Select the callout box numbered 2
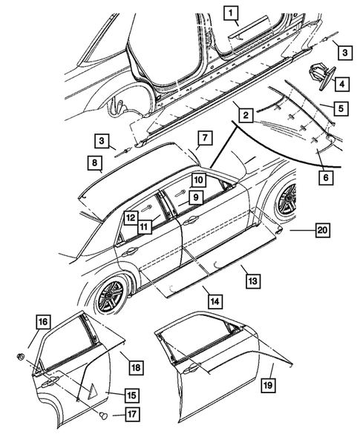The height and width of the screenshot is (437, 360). tap(245, 115)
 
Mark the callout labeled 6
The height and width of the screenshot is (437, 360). tap(326, 177)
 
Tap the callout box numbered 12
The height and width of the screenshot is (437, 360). tap(130, 218)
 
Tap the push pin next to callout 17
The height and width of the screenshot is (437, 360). tap(104, 416)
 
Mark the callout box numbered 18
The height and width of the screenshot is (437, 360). tap(134, 366)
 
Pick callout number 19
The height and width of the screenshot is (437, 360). tap(268, 386)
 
